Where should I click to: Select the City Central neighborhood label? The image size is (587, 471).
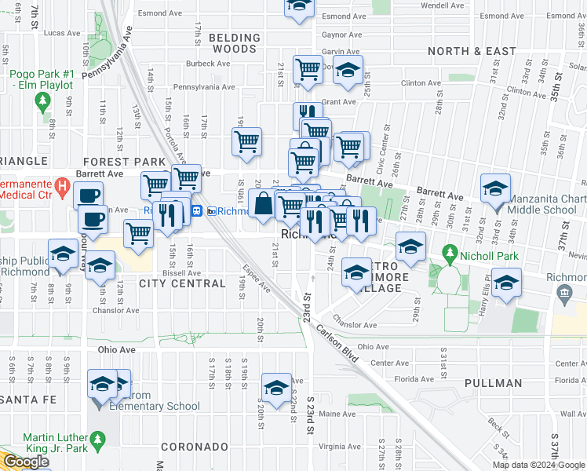[182, 283]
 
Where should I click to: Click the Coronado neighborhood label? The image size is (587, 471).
[194, 447]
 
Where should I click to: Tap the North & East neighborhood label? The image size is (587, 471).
[472, 51]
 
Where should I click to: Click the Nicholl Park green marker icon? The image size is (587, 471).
[450, 254]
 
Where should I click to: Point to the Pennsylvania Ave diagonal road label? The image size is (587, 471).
[109, 57]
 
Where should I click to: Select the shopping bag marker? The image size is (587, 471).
[264, 205]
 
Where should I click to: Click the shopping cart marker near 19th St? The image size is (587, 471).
[246, 143]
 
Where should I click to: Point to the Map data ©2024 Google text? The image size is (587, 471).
[538, 465]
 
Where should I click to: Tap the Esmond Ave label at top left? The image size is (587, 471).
[155, 13]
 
